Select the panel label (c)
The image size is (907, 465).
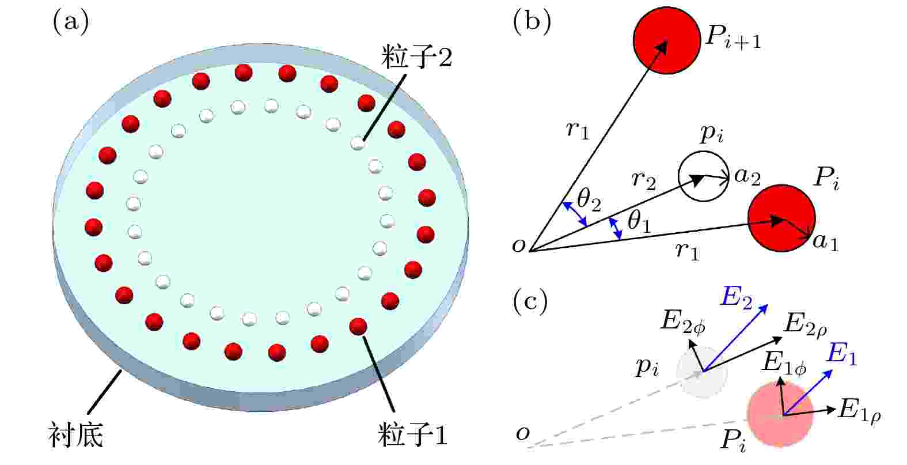click(x=530, y=302)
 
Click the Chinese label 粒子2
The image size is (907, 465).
click(x=417, y=58)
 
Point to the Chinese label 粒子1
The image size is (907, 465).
click(x=412, y=435)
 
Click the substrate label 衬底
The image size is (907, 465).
click(x=76, y=435)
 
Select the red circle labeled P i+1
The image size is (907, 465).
click(x=667, y=40)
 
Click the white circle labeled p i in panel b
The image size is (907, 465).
click(x=704, y=176)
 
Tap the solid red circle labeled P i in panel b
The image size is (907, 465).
click(x=781, y=218)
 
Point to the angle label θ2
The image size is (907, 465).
click(x=589, y=200)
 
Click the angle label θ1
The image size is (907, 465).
click(x=639, y=222)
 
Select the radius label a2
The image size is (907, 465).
click(x=747, y=177)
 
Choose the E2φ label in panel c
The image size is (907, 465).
click(x=683, y=322)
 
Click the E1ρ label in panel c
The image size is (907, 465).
click(x=859, y=410)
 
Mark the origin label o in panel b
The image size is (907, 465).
click(x=519, y=245)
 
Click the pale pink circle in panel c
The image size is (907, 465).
click(x=780, y=414)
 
